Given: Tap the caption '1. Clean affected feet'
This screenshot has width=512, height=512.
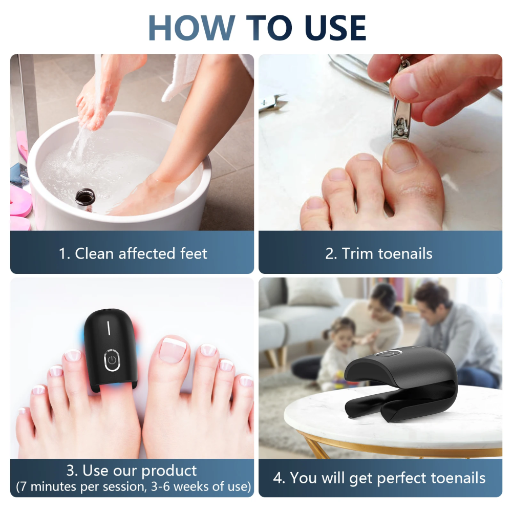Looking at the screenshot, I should pyautogui.click(x=132, y=253).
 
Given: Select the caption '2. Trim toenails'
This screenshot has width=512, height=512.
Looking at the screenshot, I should pyautogui.click(x=379, y=253).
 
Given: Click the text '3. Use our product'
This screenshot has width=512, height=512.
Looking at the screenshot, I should pyautogui.click(x=132, y=471).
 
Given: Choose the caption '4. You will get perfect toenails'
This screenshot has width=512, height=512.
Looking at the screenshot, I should pyautogui.click(x=379, y=478).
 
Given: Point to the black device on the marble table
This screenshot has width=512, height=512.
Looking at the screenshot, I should pyautogui.click(x=399, y=384).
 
